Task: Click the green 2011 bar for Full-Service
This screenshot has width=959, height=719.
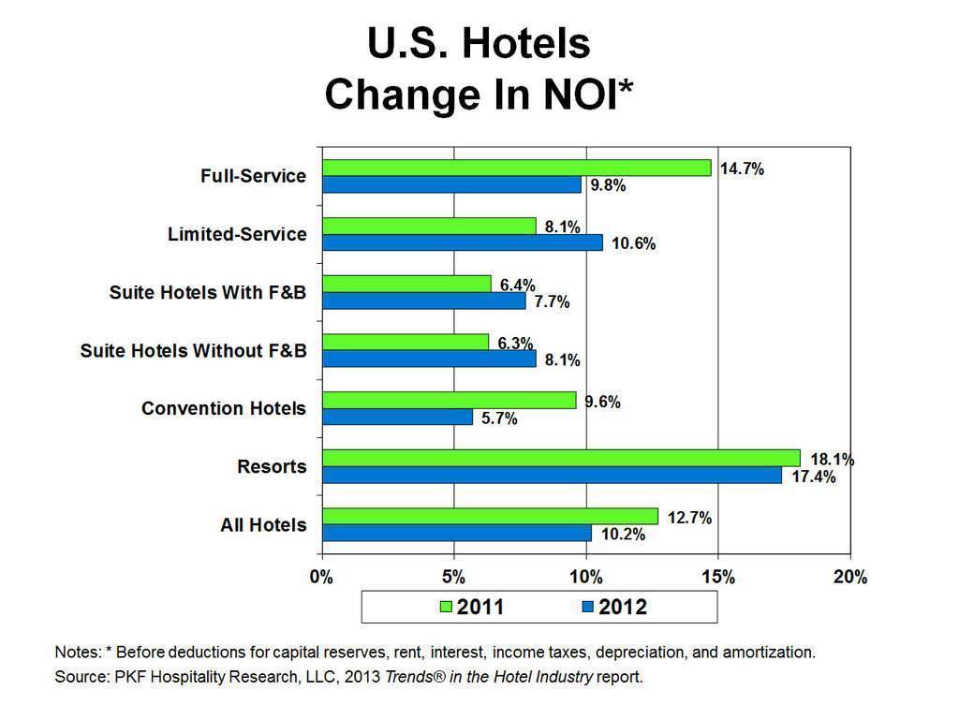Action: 516,168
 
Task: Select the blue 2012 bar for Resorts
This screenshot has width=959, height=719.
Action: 552,476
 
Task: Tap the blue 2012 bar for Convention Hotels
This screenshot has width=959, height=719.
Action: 397,418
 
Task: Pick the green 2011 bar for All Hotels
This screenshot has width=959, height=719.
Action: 490,517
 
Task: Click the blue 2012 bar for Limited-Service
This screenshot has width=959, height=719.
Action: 463,242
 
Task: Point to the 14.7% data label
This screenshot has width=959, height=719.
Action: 742,169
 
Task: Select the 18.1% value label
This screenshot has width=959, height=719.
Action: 831,460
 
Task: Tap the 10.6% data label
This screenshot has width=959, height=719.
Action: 633,244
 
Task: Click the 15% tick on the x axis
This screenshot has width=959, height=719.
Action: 717,577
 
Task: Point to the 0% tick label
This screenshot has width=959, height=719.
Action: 321,577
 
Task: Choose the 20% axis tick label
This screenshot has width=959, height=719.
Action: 850,577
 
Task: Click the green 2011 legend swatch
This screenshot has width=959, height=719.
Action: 446,608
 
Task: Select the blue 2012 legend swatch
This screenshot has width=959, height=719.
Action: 588,608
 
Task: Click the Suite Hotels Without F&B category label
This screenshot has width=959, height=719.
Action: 193,351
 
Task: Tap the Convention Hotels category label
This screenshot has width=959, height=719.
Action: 223,409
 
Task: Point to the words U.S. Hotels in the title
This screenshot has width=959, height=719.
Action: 479,43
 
